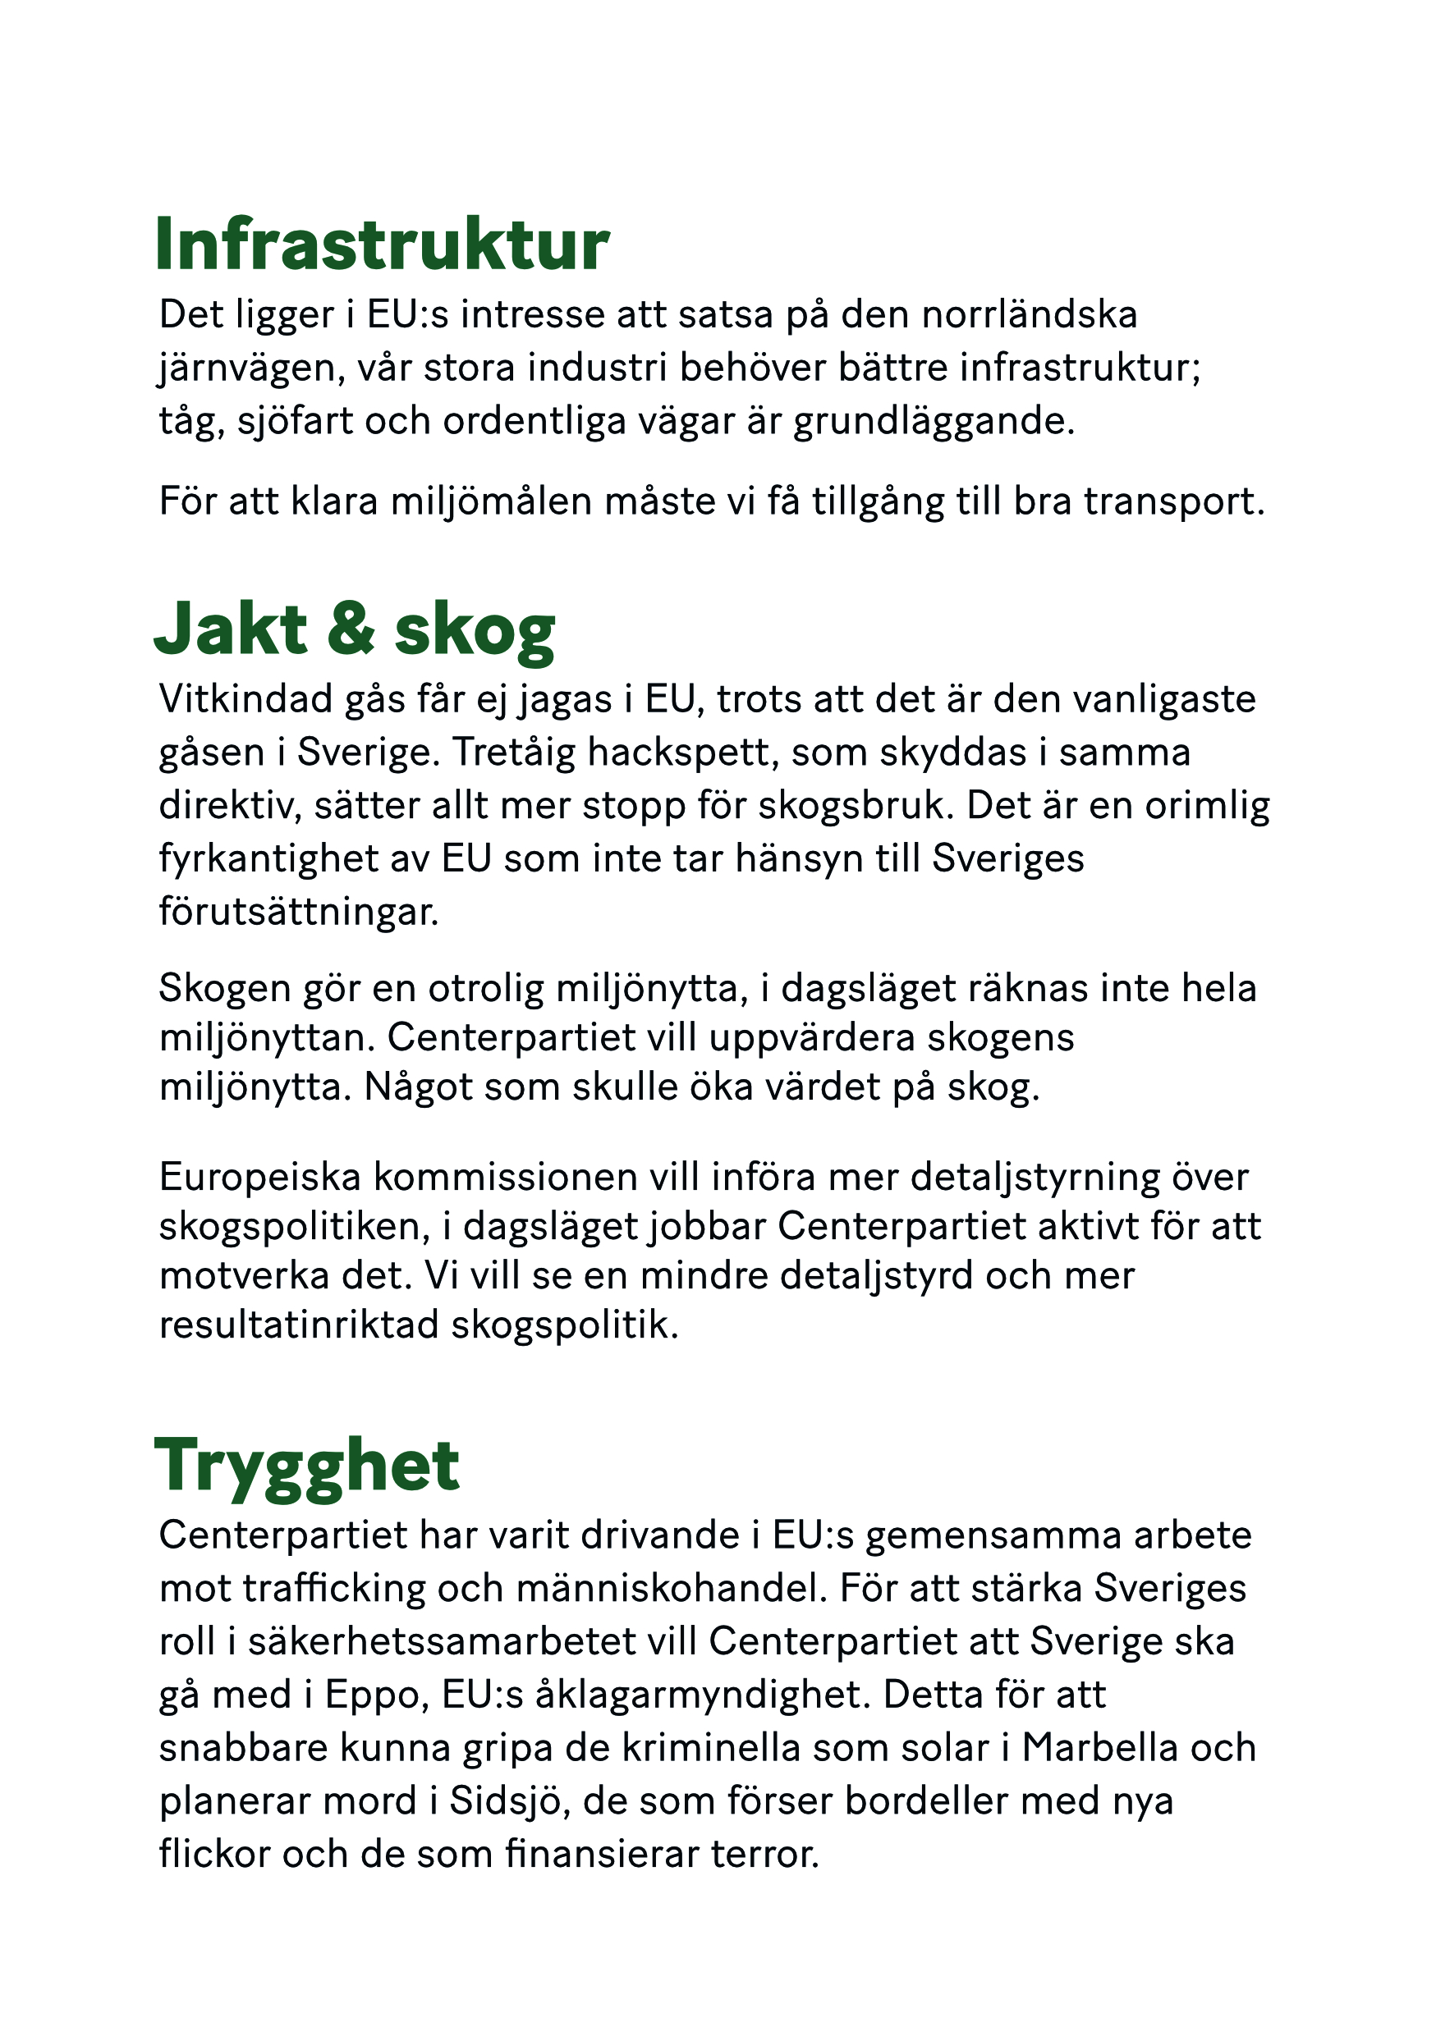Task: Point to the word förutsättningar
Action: point(299,913)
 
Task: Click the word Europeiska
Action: point(260,1178)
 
